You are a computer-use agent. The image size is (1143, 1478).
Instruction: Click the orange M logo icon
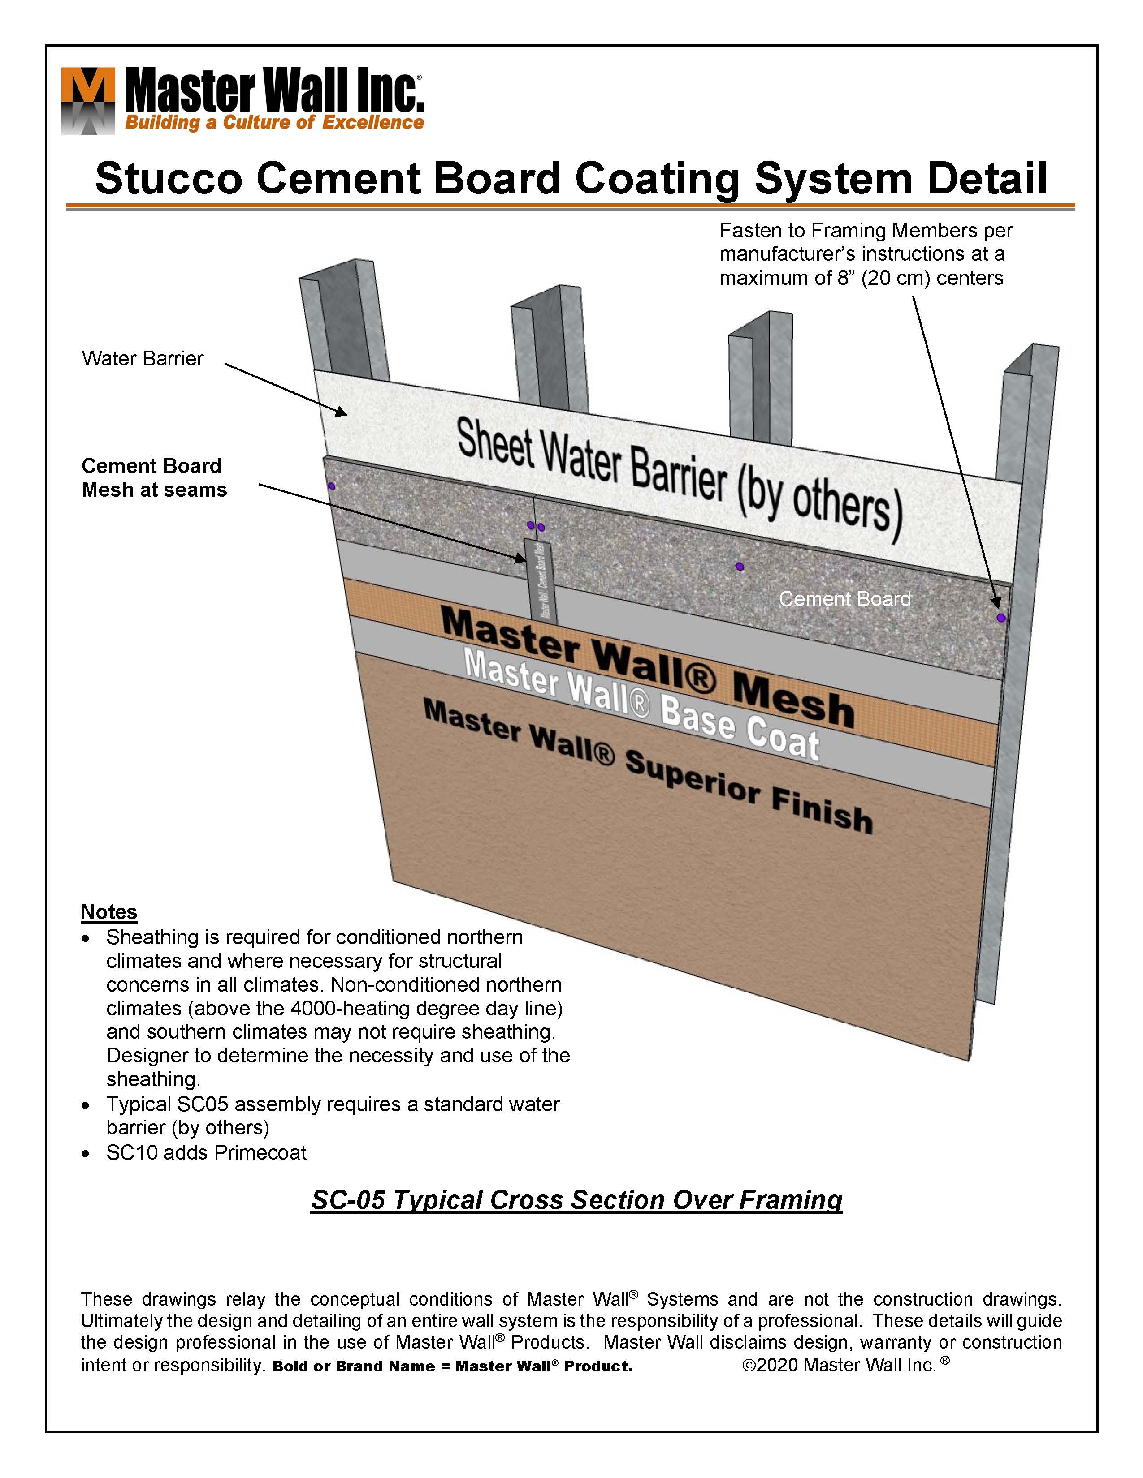88,101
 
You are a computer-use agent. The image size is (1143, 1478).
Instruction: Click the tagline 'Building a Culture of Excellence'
274,122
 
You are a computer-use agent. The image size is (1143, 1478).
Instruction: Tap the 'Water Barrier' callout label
142,359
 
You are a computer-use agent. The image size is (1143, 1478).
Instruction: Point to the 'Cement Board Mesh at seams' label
154,478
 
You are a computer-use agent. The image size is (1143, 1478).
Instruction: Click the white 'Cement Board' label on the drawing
844,599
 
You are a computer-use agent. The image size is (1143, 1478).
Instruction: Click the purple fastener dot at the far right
1001,618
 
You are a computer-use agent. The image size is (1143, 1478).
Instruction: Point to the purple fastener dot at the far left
332,486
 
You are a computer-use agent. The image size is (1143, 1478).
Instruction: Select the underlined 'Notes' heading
109,912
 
